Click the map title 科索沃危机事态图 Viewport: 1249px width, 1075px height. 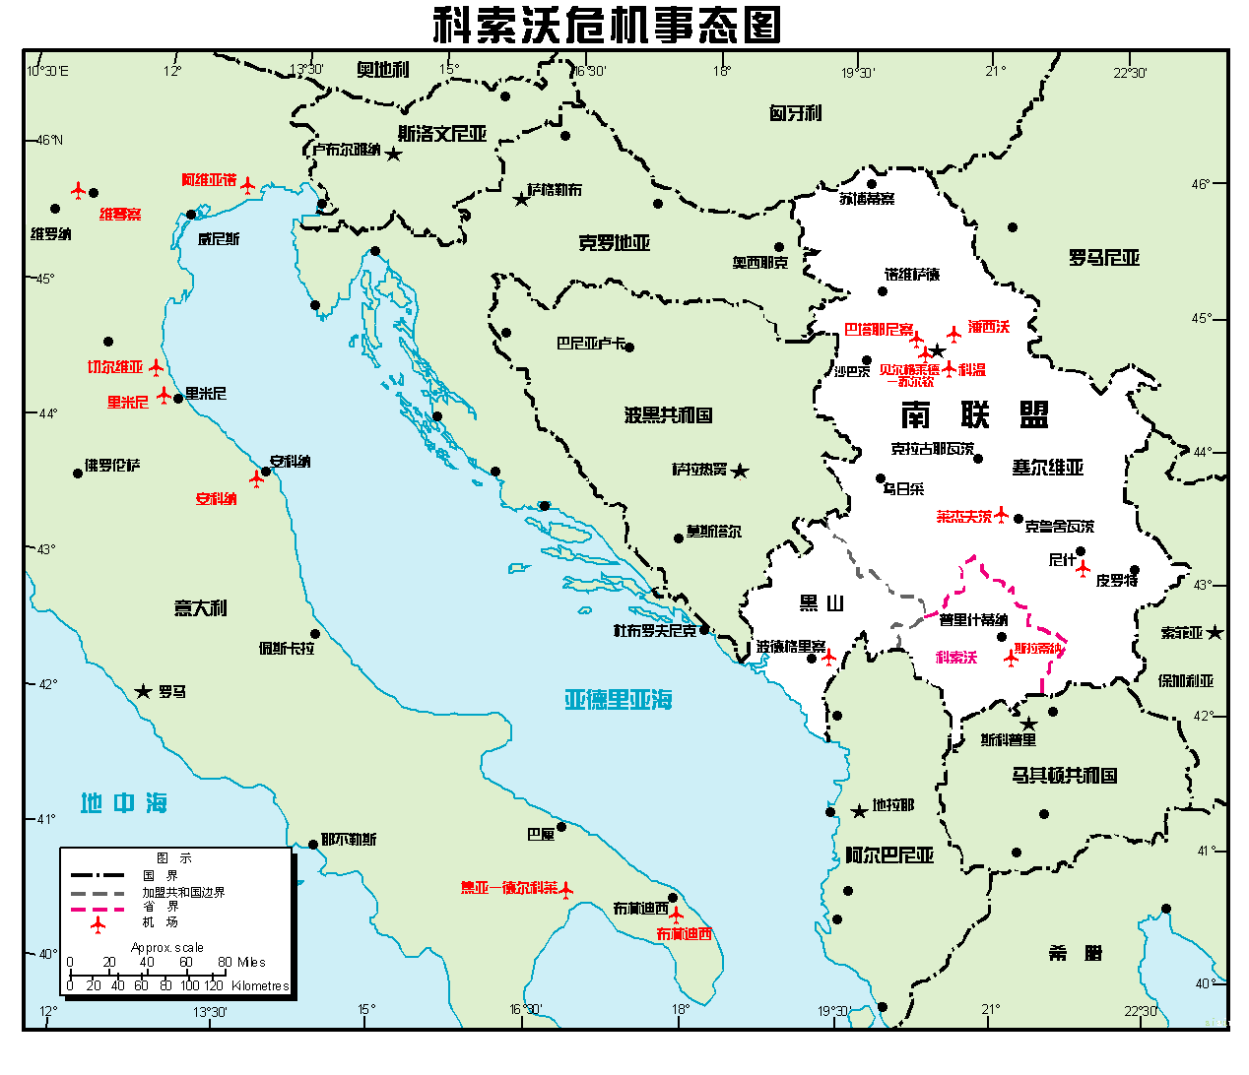(x=608, y=25)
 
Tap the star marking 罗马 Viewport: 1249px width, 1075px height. (x=144, y=692)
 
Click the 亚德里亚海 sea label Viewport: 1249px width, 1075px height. (x=618, y=700)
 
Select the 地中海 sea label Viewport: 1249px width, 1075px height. (x=124, y=803)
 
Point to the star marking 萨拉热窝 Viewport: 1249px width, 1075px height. (x=740, y=472)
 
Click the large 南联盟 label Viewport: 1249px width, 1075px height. (x=974, y=414)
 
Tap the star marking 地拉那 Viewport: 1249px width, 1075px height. (x=859, y=811)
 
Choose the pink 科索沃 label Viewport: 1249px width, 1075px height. (x=955, y=657)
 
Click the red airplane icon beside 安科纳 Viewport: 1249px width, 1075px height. (x=257, y=479)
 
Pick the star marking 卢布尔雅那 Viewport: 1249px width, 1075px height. (x=393, y=155)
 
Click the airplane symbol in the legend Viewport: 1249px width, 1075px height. (x=98, y=923)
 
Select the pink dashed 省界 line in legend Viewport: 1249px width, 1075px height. (x=98, y=908)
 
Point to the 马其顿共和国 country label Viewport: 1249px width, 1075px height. (x=1064, y=776)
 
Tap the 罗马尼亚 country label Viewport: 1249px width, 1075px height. (x=1103, y=258)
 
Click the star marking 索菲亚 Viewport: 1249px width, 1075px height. (x=1216, y=632)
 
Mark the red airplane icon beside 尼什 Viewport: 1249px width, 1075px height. (x=1084, y=569)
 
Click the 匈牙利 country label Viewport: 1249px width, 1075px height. (x=795, y=113)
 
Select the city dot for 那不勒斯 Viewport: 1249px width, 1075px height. (x=314, y=840)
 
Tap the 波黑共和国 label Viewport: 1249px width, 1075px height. (x=668, y=415)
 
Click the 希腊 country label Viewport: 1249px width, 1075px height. (x=1075, y=953)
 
